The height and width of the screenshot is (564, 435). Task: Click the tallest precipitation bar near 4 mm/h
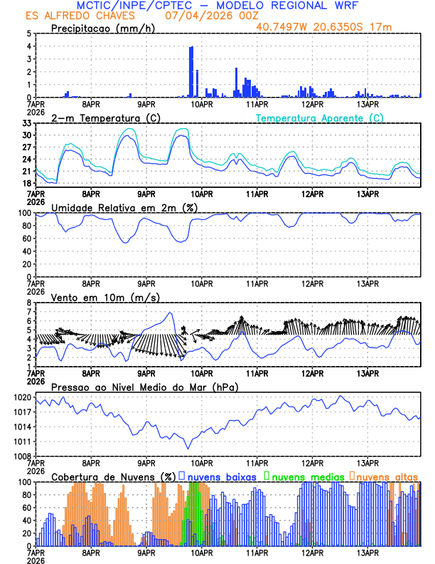(191, 71)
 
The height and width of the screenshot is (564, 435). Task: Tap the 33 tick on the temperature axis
(27, 123)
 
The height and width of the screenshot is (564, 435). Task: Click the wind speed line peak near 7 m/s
(170, 313)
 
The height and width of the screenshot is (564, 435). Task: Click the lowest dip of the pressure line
(188, 448)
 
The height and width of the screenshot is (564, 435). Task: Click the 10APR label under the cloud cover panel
(202, 553)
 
